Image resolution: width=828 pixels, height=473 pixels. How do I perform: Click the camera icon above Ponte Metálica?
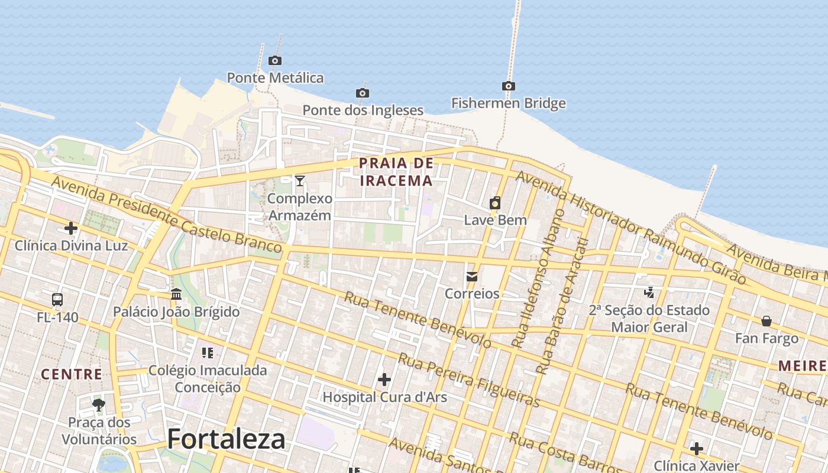click(274, 60)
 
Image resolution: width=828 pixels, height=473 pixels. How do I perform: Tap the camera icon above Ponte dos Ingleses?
click(363, 93)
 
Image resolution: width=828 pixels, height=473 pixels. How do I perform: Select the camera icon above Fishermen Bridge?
click(508, 86)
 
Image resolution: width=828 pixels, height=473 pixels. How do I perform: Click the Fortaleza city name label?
click(226, 439)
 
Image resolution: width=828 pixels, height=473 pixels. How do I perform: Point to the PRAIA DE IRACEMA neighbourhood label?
click(396, 171)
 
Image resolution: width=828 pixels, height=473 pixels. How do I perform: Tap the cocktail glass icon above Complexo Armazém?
click(300, 180)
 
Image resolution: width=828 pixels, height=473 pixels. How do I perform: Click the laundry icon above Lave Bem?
click(495, 203)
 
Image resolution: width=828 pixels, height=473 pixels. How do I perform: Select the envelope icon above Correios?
click(472, 276)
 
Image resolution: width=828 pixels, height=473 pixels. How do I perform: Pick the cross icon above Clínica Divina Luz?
click(71, 228)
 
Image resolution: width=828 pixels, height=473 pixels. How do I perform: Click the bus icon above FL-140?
click(57, 300)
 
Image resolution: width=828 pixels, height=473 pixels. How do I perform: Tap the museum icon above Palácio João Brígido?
click(176, 294)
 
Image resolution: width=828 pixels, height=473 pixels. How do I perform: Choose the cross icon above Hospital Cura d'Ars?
click(384, 379)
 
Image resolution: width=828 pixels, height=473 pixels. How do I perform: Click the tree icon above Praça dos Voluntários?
click(99, 405)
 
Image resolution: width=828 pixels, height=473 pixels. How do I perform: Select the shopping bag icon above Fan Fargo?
click(766, 321)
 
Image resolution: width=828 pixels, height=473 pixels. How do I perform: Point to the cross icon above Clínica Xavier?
click(697, 448)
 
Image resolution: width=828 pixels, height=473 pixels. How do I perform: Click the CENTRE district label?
click(72, 374)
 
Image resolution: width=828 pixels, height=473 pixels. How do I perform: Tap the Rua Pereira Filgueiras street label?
click(469, 380)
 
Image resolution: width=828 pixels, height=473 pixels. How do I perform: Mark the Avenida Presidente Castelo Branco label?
click(166, 215)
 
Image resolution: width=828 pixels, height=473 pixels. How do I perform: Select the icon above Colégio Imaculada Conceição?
click(207, 353)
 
